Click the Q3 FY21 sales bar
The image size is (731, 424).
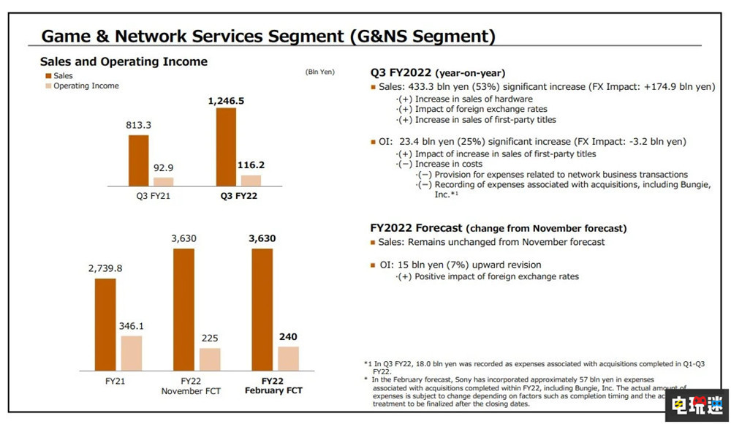point(138,161)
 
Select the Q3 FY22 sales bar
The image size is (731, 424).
point(226,147)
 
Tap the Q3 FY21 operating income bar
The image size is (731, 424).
point(164,181)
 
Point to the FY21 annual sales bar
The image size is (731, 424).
point(105,324)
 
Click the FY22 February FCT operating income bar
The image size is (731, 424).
point(288,358)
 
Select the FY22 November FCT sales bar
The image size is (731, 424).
point(183,309)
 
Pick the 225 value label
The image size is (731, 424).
point(210,338)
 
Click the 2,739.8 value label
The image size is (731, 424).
point(105,268)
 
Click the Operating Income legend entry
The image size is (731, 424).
point(86,86)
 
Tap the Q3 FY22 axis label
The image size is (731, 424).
point(239,196)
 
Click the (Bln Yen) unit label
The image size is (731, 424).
point(319,72)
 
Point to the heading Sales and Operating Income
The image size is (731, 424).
point(124,61)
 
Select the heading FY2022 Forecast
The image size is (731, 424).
point(417,228)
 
